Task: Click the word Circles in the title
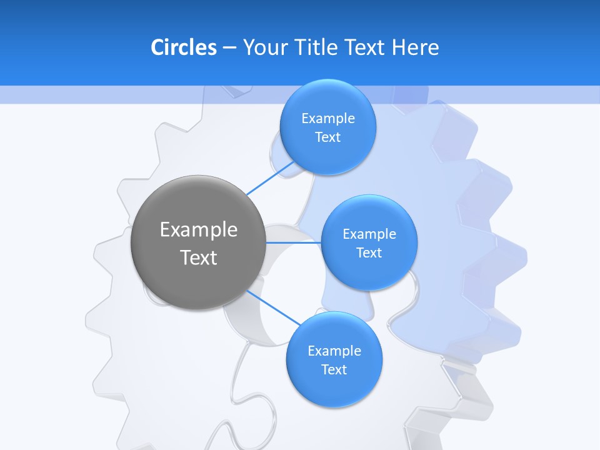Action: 183,47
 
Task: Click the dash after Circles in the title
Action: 229,48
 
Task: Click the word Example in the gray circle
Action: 199,230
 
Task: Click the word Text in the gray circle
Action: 199,257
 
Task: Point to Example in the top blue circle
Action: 327,119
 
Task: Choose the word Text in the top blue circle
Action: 327,137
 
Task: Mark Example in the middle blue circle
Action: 369,234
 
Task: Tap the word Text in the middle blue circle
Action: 369,253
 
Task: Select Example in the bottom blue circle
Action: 334,351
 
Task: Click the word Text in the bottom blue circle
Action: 334,370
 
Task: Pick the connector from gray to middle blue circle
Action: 294,242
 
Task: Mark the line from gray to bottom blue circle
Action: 274,307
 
